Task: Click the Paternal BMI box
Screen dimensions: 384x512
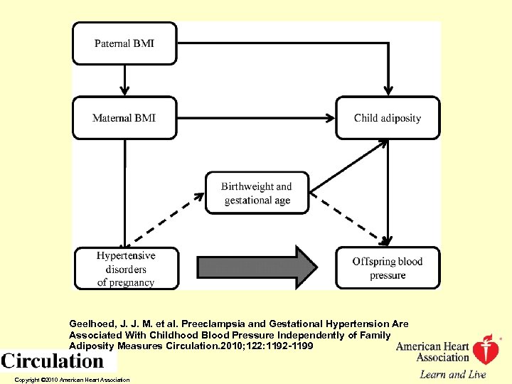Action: [x=124, y=43]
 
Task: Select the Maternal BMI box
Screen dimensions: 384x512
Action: [x=124, y=118]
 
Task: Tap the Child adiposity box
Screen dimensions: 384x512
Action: [x=388, y=118]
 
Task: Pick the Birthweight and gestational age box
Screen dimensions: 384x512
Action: [x=257, y=193]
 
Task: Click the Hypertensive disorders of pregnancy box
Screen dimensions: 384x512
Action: [x=125, y=268]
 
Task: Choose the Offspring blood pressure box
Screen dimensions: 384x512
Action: [x=388, y=268]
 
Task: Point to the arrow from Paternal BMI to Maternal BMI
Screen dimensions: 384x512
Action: [x=124, y=80]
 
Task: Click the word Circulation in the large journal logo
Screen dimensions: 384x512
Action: [x=53, y=361]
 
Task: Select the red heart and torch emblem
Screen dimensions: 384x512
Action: [x=486, y=351]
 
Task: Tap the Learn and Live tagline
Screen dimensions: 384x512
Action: [x=452, y=374]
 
